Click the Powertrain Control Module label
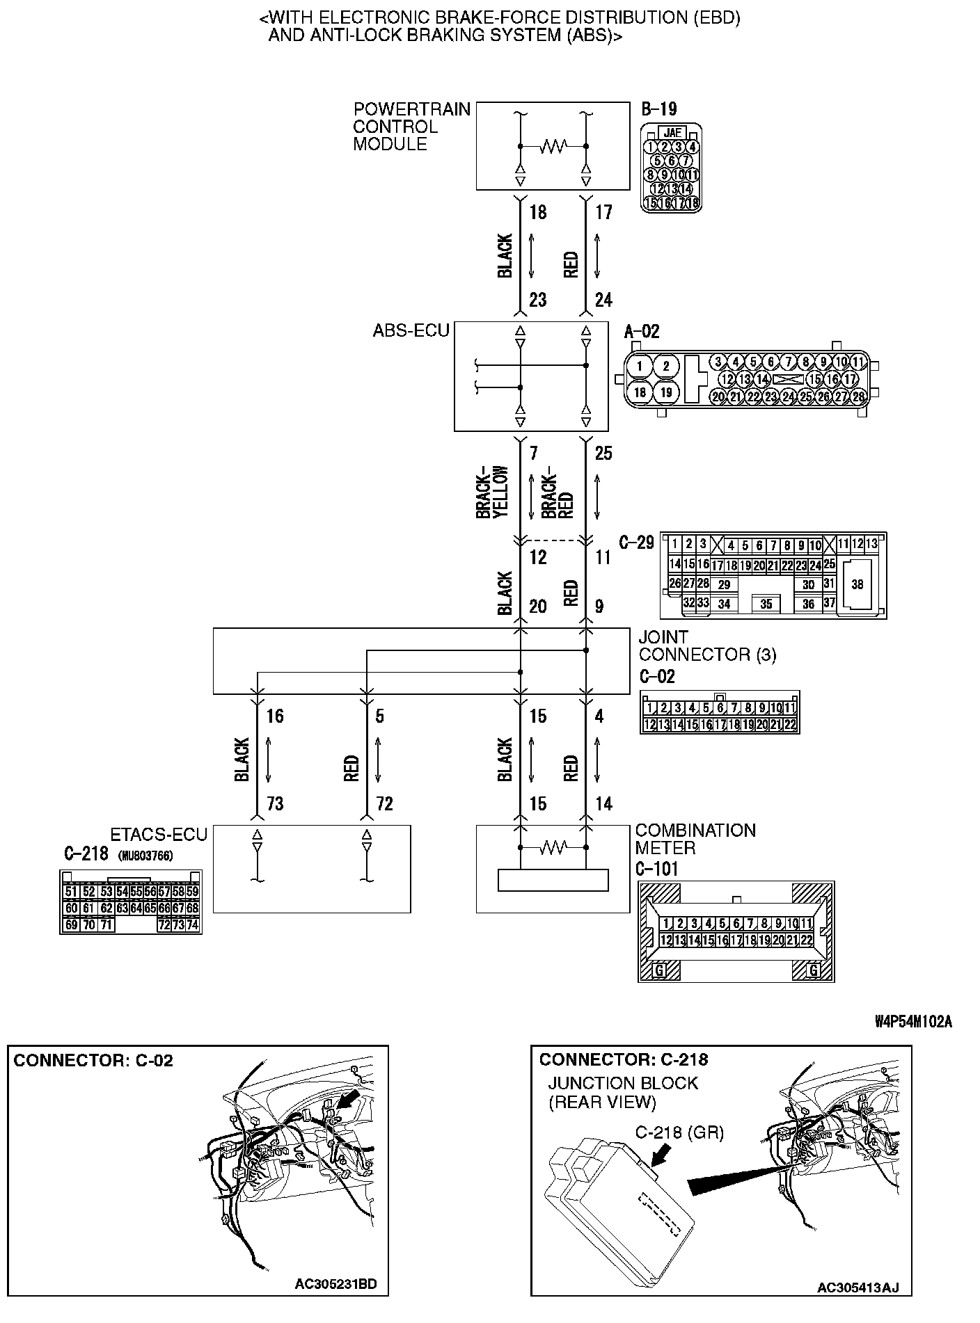click(411, 127)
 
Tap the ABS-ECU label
click(411, 330)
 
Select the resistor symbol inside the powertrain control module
click(553, 146)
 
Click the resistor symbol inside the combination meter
click(553, 847)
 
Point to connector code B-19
click(658, 109)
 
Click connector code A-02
click(642, 331)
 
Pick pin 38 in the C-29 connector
click(857, 584)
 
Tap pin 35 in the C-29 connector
click(766, 604)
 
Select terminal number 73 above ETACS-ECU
click(275, 804)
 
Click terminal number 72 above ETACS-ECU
click(384, 804)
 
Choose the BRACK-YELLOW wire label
click(493, 492)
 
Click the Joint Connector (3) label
click(706, 646)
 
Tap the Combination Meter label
click(695, 839)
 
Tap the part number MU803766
click(145, 855)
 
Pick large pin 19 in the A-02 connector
click(665, 392)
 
